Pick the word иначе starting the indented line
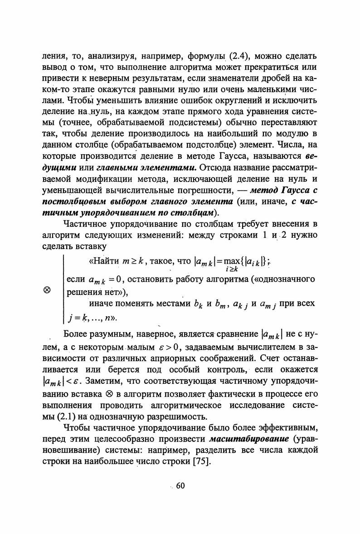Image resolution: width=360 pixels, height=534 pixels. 103,303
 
